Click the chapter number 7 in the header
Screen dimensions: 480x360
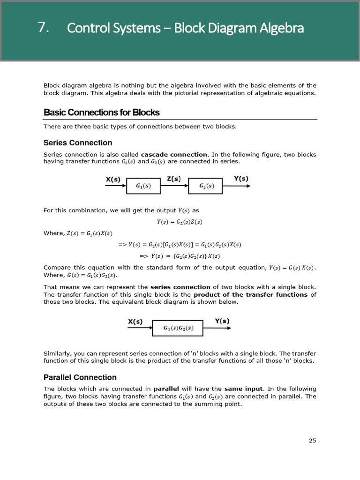(44, 28)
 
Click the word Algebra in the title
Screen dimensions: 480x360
(280, 28)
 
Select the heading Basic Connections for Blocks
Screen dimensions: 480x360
(101, 112)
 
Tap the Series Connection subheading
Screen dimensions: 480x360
(78, 143)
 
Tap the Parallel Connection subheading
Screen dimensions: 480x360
(80, 377)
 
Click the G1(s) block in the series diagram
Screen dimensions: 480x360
(143, 186)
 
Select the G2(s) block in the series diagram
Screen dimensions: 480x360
(205, 186)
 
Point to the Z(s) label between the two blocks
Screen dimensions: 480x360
(175, 179)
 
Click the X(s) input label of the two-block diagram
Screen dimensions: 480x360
(112, 179)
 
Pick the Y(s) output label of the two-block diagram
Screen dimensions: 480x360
(241, 179)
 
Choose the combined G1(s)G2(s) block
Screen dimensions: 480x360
(178, 328)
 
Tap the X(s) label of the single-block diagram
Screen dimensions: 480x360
(135, 322)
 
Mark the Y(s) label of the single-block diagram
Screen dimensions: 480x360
(222, 322)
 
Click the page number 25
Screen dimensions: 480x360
(312, 440)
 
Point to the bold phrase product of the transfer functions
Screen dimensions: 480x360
(251, 294)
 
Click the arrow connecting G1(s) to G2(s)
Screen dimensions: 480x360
(174, 186)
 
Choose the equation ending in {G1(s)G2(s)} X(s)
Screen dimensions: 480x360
(180, 256)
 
